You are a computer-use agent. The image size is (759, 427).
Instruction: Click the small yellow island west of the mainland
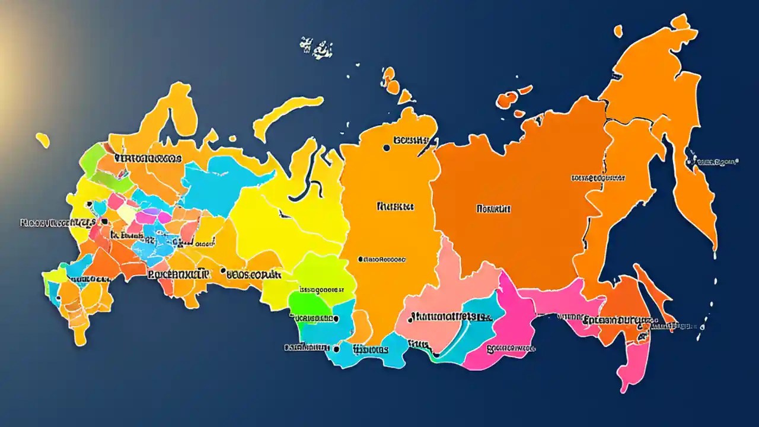[x=42, y=140]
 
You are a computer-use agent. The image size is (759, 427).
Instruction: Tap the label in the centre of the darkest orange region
[x=493, y=209]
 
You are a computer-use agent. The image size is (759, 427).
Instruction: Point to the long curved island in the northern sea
[x=285, y=116]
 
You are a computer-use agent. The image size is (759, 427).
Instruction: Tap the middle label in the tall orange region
[x=395, y=207]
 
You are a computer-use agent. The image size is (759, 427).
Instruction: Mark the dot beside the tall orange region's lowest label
[x=361, y=259]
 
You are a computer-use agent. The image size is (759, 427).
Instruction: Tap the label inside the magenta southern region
[x=510, y=349]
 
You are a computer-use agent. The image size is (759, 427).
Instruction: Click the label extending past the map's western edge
[x=57, y=223]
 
